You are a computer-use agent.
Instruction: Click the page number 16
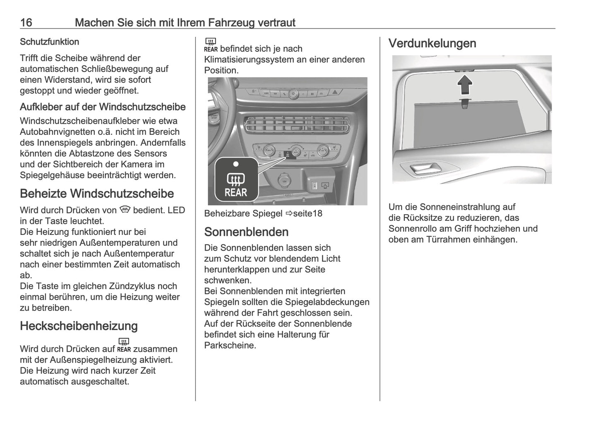pos(26,22)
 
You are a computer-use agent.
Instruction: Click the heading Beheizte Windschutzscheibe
pos(97,194)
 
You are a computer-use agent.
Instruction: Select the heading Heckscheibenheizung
pos(79,326)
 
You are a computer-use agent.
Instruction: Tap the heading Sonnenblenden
pos(246,232)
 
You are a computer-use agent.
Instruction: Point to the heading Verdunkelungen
pos(432,43)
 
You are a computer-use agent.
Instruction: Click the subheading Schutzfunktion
pos(49,42)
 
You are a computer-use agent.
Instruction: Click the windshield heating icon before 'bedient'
pos(125,210)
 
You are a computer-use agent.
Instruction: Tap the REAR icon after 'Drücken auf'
pos(124,344)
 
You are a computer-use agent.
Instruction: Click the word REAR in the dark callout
pos(236,192)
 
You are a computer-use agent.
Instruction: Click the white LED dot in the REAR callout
pos(235,164)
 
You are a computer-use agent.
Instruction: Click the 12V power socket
pos(284,181)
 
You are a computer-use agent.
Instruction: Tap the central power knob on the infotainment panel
pos(293,94)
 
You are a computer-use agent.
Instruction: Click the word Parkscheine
pos(230,345)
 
